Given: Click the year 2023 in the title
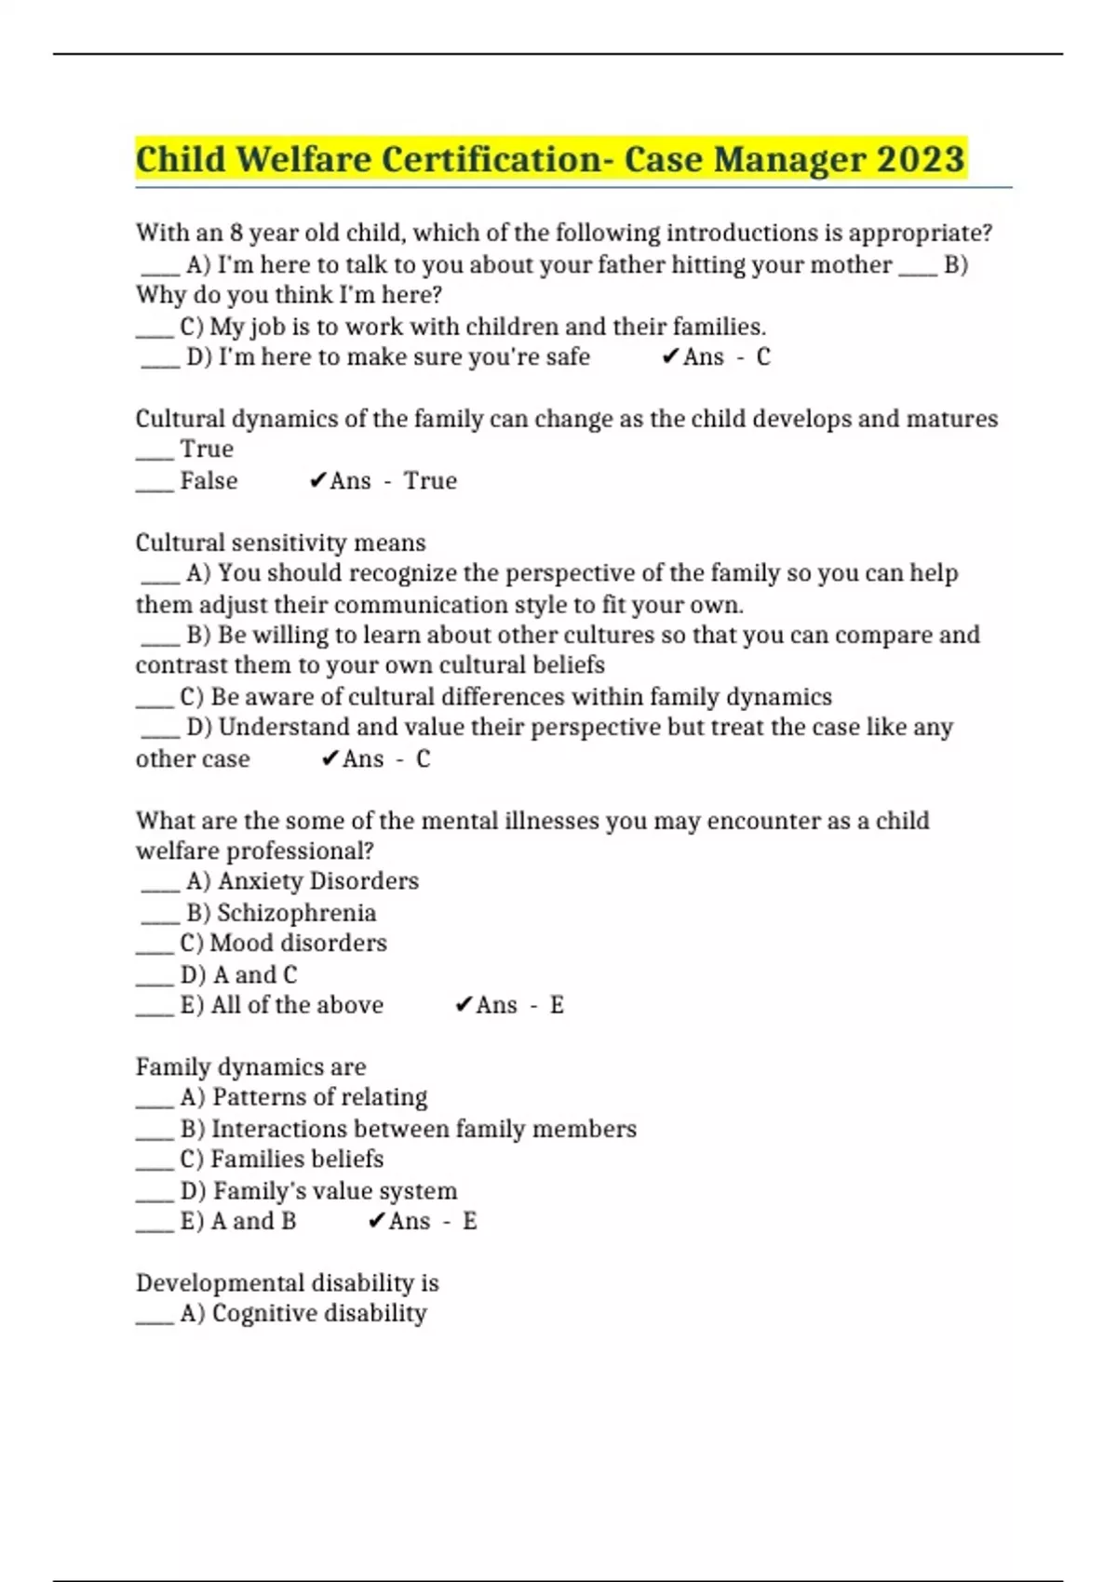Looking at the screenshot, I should [x=920, y=159].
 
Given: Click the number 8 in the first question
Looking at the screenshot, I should [x=236, y=233].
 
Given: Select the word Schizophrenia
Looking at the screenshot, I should [x=296, y=913].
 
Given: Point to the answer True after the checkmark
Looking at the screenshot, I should [x=430, y=481].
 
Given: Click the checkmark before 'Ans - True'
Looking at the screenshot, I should [x=317, y=481].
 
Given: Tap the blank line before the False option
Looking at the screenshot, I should [x=155, y=488].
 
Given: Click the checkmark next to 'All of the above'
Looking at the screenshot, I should [x=464, y=1005].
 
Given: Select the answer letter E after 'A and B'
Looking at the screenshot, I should [x=469, y=1221].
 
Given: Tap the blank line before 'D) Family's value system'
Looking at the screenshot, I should [x=155, y=1198].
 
